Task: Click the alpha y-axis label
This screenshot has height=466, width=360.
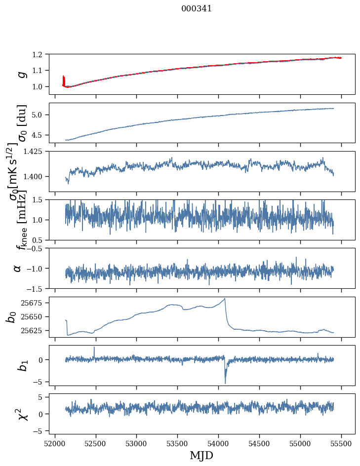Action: click(18, 268)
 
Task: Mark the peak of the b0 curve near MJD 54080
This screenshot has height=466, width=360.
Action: click(225, 299)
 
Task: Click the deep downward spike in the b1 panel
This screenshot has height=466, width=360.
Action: click(225, 383)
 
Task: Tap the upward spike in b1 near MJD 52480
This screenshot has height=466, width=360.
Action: click(94, 347)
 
